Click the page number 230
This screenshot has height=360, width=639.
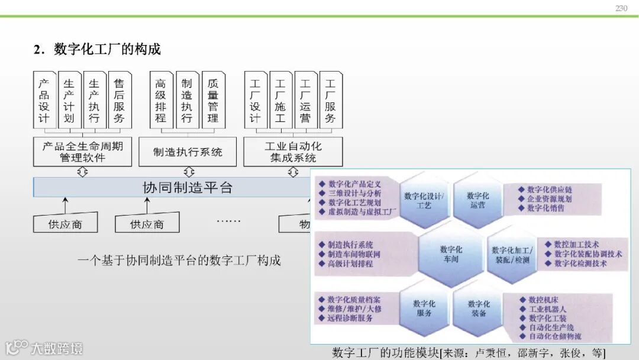click(621, 8)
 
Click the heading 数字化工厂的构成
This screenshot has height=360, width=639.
click(106, 49)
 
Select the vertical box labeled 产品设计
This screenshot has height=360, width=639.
click(44, 101)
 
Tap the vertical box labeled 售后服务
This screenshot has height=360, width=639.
click(119, 101)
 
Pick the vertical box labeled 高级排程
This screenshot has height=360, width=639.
click(161, 101)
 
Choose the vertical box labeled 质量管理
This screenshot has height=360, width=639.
click(213, 101)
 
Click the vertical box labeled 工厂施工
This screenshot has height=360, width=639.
click(280, 101)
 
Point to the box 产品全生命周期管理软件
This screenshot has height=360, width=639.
click(82, 152)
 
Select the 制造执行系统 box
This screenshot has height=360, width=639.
click(188, 152)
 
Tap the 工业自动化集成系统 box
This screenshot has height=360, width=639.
click(293, 152)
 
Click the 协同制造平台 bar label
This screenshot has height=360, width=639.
click(188, 188)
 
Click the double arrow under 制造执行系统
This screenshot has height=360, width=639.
click(189, 172)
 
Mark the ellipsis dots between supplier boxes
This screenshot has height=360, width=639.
click(228, 221)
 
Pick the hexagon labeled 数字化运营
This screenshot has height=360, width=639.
click(477, 200)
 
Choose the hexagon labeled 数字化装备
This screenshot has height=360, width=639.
click(478, 308)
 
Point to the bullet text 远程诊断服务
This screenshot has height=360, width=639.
click(350, 318)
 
